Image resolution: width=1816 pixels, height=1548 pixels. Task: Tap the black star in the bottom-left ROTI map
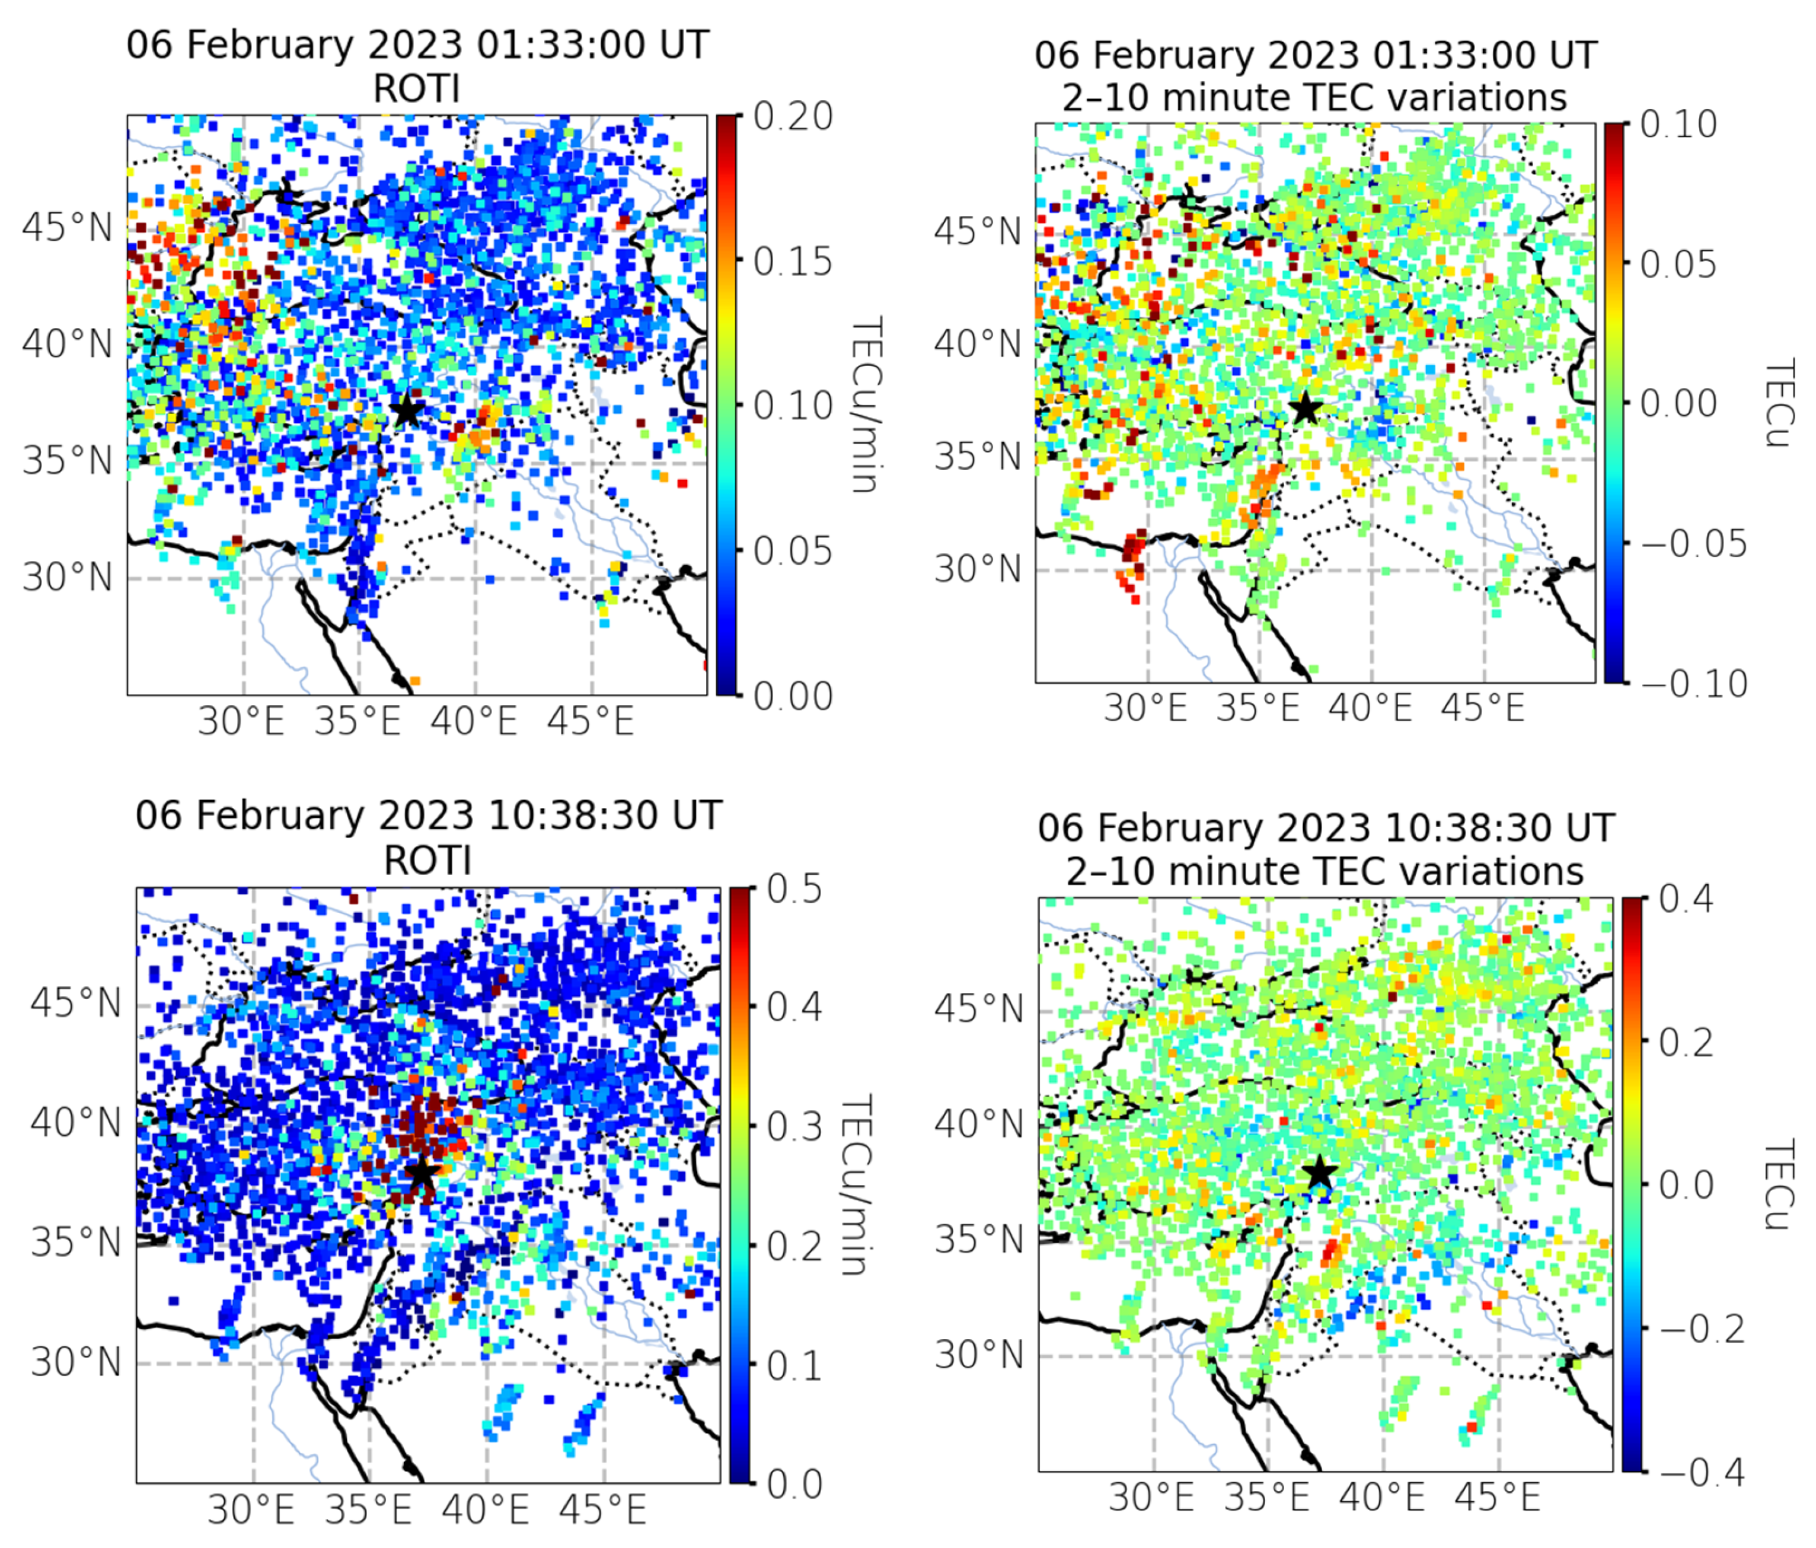tap(422, 1173)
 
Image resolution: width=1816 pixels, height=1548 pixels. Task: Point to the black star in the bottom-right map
tap(1320, 1173)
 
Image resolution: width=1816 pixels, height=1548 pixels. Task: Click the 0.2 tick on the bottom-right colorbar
tap(1687, 1042)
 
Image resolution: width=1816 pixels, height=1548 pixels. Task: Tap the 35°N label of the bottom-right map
tap(978, 1240)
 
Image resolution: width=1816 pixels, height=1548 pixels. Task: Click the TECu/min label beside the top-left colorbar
tap(866, 405)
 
